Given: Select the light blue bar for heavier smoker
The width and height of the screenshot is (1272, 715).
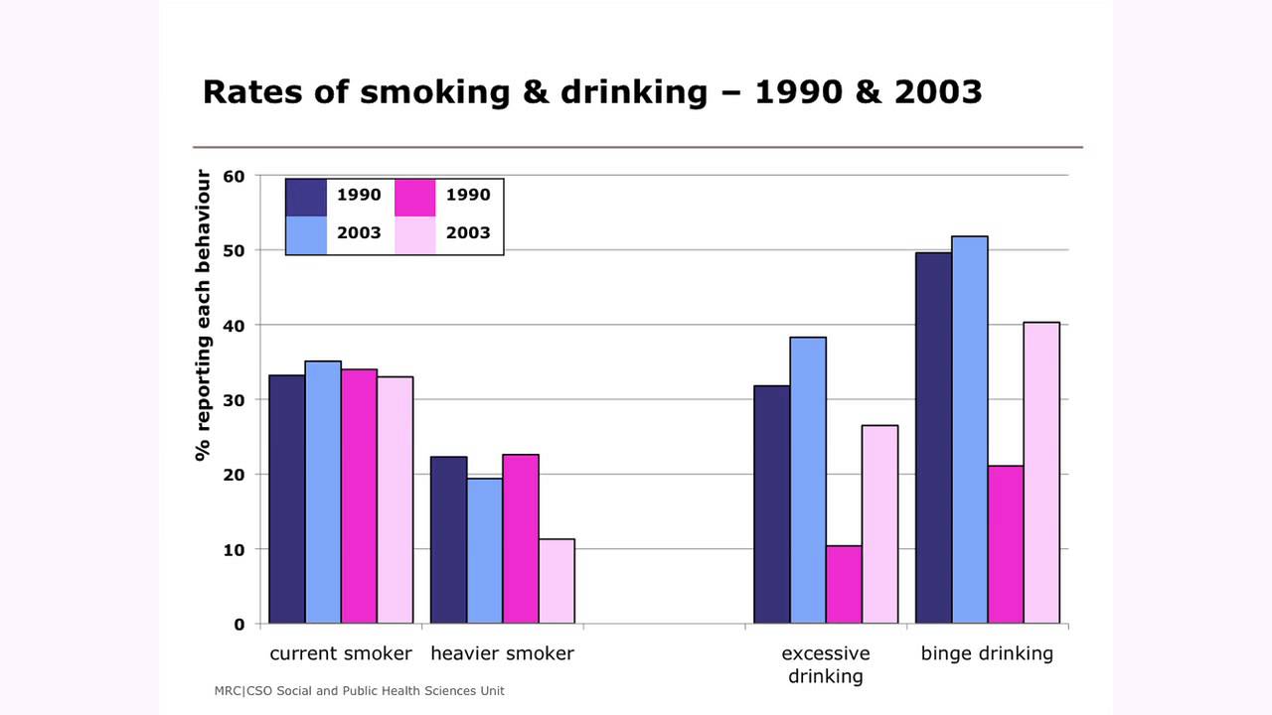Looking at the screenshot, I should pos(485,551).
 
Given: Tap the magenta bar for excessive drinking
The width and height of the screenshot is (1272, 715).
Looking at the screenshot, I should pos(844,585).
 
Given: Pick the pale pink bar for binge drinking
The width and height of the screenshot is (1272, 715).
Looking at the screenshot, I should pos(1041,473).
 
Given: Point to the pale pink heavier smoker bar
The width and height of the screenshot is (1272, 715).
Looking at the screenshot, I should pos(556,581).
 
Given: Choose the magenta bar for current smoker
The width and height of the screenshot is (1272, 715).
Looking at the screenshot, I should pos(359,497).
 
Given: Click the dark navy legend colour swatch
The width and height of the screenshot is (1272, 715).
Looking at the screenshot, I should pos(306,197).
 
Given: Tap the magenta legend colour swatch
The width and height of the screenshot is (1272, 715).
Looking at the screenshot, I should pos(415,197).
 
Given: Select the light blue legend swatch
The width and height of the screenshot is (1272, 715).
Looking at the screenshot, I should pos(306,234).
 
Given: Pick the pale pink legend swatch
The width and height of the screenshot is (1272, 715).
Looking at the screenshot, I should pos(415,234).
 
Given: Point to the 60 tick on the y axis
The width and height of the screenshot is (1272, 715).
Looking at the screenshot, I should pos(234,177).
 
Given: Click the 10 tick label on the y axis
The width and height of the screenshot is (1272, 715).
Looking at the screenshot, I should pos(234,549).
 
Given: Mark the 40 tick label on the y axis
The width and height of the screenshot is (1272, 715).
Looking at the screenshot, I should pos(234,326).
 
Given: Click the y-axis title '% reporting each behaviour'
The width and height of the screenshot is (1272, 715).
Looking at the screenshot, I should pos(204,315).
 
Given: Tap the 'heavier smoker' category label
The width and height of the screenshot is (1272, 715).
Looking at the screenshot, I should pos(502,653).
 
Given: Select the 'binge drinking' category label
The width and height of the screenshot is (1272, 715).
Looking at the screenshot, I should pos(987,653).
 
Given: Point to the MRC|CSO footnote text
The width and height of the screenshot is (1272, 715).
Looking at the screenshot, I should pos(359,690).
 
